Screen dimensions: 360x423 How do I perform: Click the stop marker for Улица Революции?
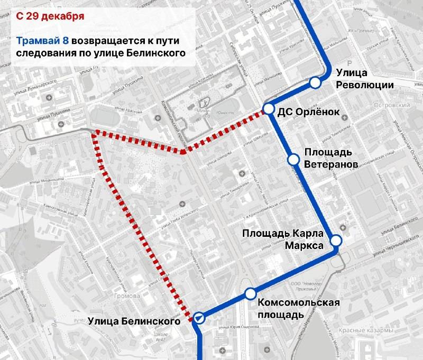click(316, 82)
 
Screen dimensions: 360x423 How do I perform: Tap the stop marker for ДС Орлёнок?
click(269, 110)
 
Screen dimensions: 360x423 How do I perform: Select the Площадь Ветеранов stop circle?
click(293, 159)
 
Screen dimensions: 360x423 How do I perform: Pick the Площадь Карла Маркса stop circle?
click(336, 241)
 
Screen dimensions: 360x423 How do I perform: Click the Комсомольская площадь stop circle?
click(250, 293)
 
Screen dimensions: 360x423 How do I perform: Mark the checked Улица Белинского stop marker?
click(199, 318)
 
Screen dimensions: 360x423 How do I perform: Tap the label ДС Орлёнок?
click(307, 111)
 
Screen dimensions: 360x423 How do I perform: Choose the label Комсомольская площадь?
click(298, 308)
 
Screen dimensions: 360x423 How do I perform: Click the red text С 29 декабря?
click(50, 16)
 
